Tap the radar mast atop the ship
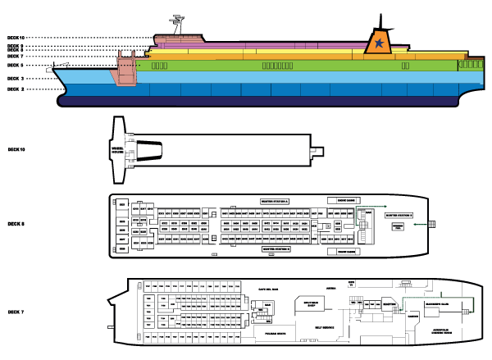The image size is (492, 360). (x=177, y=24)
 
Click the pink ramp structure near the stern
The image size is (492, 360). (x=125, y=69)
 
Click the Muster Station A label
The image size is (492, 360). (x=276, y=201)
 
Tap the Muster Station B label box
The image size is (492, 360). (x=276, y=248)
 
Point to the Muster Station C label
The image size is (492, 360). (x=399, y=216)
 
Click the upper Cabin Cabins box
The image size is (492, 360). (x=343, y=200)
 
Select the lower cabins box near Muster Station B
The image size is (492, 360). (x=343, y=252)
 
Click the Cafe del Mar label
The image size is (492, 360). (x=269, y=289)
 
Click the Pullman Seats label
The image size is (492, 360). (x=264, y=334)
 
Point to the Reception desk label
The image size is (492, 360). (x=389, y=302)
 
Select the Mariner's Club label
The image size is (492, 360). (x=437, y=303)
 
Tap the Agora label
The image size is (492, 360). (x=331, y=289)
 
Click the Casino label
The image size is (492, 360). (x=412, y=315)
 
